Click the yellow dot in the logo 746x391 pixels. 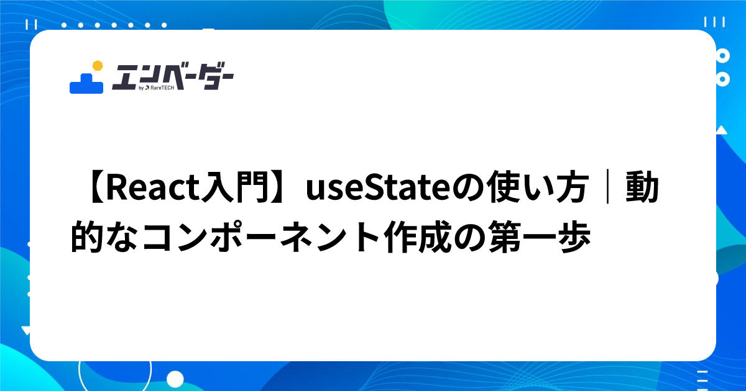point(96,65)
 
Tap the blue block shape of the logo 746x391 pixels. point(86,84)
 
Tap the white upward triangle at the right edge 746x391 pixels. point(721,130)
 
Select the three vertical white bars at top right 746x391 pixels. point(719,22)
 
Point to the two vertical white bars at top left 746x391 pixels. point(32,24)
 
